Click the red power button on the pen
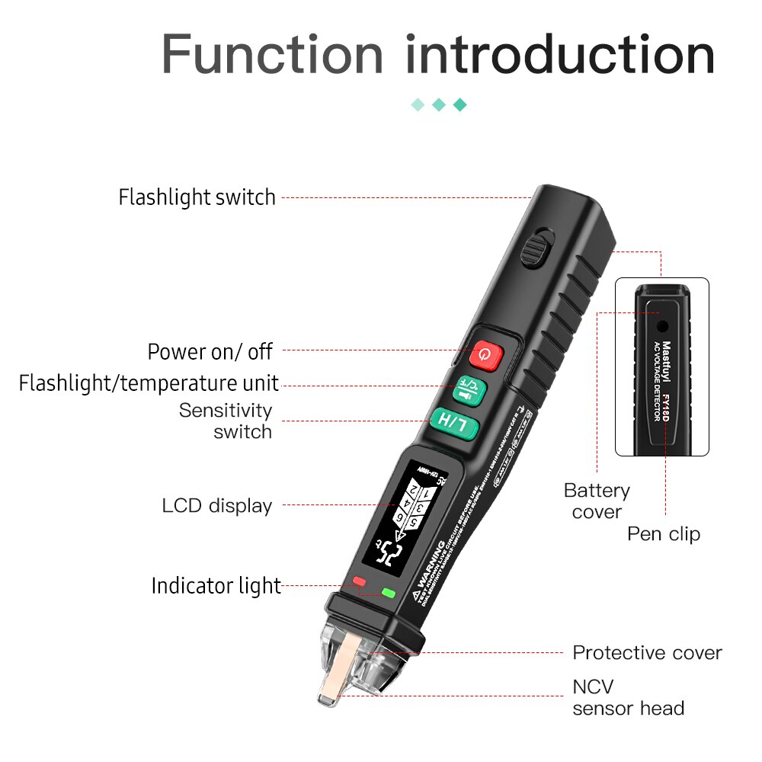tap(487, 354)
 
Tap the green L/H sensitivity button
tap(454, 422)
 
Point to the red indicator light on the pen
tap(360, 583)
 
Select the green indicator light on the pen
tap(389, 592)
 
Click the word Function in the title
tap(272, 55)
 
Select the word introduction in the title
tap(560, 55)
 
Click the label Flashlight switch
tap(197, 197)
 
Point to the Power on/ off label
tap(210, 351)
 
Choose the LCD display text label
tap(216, 505)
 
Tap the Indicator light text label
tap(216, 586)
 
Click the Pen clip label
tap(663, 533)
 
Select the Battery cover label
tap(597, 501)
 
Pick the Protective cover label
tap(647, 652)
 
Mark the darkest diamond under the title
tap(459, 104)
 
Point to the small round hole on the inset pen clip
tap(662, 325)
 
